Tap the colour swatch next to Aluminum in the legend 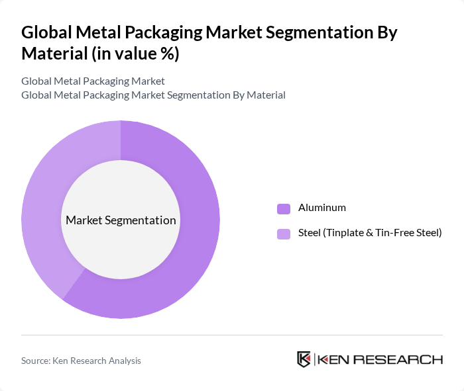pos(284,208)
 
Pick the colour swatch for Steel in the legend pos(284,233)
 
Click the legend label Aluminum pos(321,208)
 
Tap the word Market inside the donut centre pos(84,220)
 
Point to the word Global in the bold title pos(46,32)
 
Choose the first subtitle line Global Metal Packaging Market pos(93,81)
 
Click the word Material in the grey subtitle pos(266,95)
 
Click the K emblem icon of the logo pos(304,359)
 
